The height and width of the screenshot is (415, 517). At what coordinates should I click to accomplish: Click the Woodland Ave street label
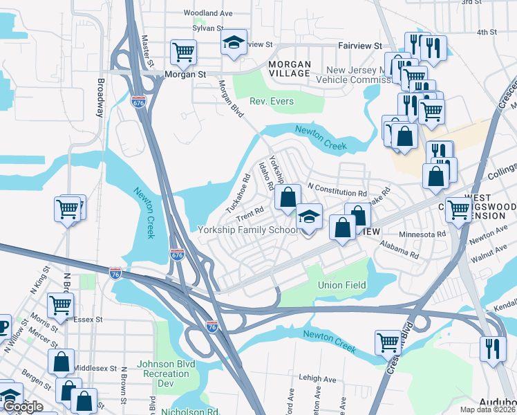208,13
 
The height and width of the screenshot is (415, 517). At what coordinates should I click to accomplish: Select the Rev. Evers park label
272,102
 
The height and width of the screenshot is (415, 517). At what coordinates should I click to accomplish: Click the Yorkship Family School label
248,230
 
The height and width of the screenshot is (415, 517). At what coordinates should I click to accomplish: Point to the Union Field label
340,285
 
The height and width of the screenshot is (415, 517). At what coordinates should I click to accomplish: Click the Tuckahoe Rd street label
237,194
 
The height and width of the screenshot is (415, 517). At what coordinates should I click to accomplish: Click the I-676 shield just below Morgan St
138,102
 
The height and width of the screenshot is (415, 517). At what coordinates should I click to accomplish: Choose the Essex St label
88,320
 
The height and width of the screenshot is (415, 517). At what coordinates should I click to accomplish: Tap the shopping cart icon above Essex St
61,305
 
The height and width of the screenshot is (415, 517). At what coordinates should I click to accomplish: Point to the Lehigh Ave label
317,379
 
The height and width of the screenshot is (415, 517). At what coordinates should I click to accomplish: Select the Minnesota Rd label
422,234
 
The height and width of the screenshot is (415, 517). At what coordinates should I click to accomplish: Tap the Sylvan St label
208,28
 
